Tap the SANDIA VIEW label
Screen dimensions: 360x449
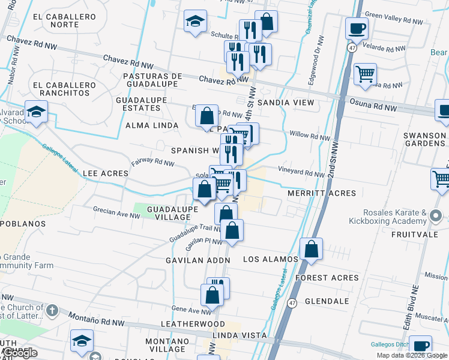(286, 103)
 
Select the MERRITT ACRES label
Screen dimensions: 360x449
(322, 193)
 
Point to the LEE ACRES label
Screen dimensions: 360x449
(106, 173)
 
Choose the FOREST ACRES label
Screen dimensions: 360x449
(327, 278)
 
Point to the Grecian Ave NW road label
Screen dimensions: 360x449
(116, 211)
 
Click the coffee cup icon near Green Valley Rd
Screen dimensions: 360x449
(357, 28)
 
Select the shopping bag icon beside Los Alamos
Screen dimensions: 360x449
(312, 249)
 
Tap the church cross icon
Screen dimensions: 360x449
(52, 311)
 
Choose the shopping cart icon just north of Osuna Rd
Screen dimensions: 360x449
(365, 74)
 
